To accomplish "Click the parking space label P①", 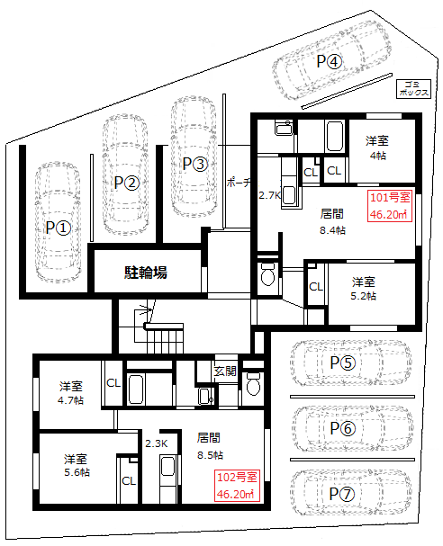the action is [x=59, y=228].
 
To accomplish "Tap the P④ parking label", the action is [x=330, y=62].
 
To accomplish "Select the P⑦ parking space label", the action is [x=342, y=494].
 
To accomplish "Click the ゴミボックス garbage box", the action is [x=413, y=89].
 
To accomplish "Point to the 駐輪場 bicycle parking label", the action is [x=146, y=272].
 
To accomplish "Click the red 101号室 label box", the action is [x=390, y=206].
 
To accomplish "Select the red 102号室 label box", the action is [x=237, y=486].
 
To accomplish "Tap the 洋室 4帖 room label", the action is [x=377, y=148].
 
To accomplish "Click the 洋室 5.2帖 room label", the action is [x=363, y=289].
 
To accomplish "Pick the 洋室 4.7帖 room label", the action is [x=71, y=393].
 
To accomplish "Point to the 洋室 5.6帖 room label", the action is [x=77, y=466].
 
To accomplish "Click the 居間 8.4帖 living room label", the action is [x=332, y=221].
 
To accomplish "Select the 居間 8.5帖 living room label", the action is [x=210, y=446].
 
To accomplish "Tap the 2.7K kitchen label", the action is [x=269, y=195].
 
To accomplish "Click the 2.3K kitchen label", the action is [x=157, y=443].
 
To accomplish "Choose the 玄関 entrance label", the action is [x=225, y=371].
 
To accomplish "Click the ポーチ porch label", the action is [x=239, y=183].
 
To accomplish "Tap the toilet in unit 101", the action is [x=267, y=274].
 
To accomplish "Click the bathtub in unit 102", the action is [x=136, y=389].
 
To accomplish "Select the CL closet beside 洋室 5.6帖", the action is [x=129, y=481].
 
